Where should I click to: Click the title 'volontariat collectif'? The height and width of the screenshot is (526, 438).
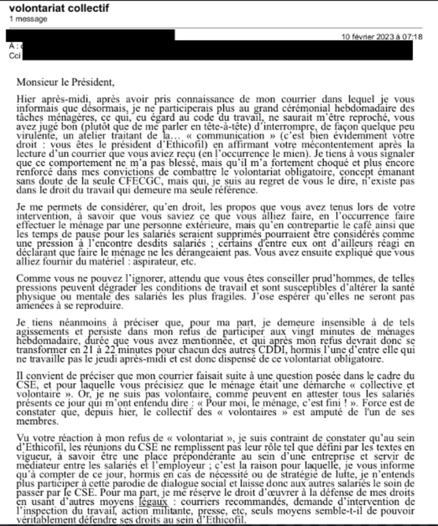(x=59, y=8)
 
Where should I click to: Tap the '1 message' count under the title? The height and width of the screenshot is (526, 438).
(x=28, y=19)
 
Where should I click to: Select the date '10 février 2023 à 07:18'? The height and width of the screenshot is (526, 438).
(x=382, y=37)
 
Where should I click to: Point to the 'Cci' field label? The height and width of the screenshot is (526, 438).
(x=15, y=56)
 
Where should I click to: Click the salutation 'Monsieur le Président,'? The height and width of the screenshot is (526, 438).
(x=65, y=82)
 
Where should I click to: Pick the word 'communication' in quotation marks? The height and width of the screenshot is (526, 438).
(x=230, y=136)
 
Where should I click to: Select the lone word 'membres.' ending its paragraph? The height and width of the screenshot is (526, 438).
(x=37, y=421)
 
